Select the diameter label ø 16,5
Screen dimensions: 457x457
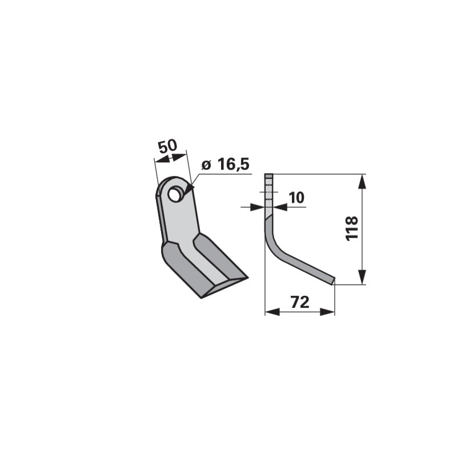pos(226,165)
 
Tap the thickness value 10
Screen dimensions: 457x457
pos(297,198)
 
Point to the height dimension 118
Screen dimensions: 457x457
pos(351,228)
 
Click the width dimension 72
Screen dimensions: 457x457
pos(300,302)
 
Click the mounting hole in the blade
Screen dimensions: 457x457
pos(175,195)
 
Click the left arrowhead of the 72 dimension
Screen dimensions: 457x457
pos(272,312)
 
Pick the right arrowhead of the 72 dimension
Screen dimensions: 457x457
pos(327,312)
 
